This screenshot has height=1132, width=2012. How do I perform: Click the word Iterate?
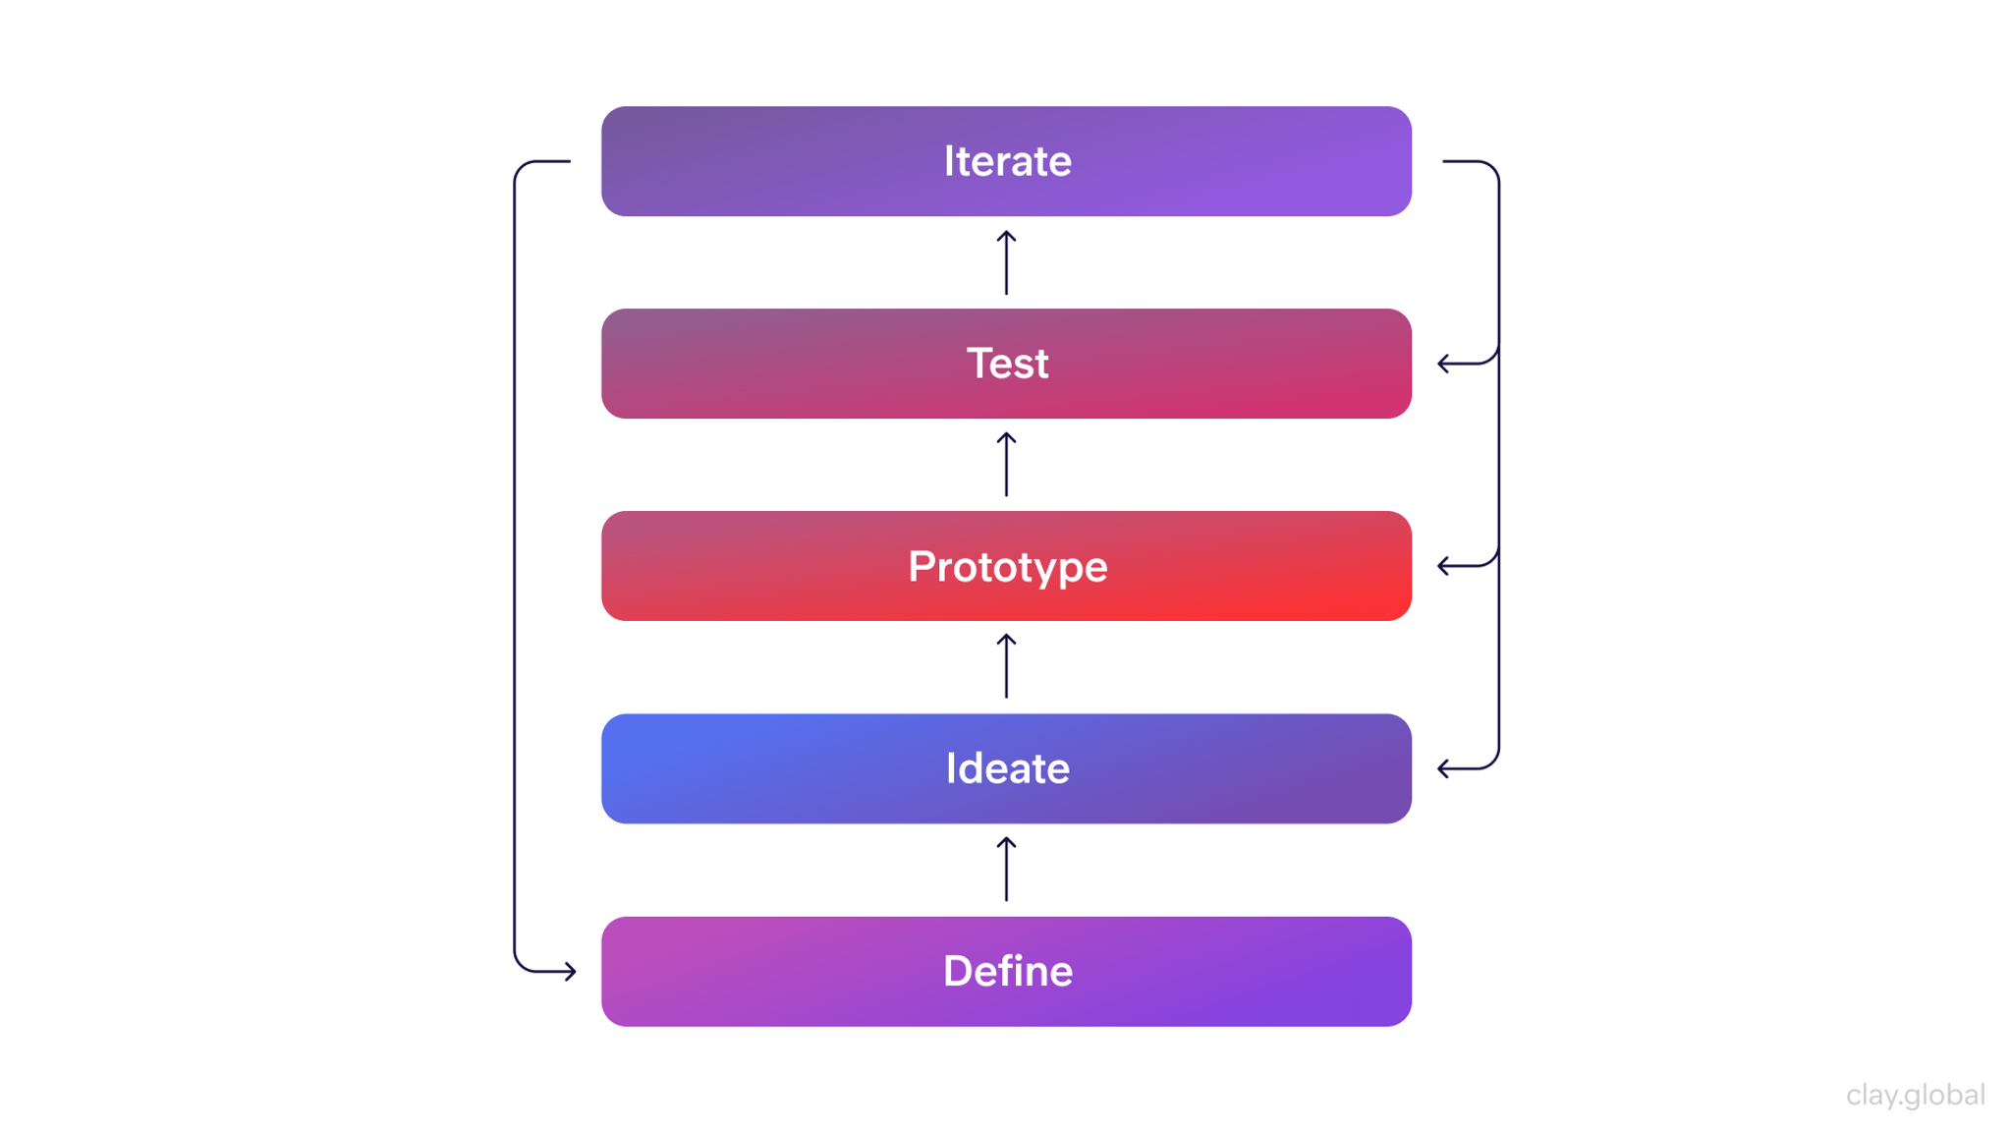(x=1007, y=161)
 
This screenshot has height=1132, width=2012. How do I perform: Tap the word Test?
(x=1007, y=364)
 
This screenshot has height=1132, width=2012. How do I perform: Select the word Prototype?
(x=1007, y=567)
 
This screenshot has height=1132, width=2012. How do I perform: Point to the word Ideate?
(x=1007, y=768)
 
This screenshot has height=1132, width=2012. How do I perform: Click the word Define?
(x=1007, y=971)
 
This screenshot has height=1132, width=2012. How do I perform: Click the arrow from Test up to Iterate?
(x=1006, y=262)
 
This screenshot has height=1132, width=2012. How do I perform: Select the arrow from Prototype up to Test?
(x=1006, y=465)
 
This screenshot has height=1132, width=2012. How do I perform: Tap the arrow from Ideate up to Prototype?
(x=1006, y=666)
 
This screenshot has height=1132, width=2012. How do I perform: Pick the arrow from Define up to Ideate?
(x=1006, y=869)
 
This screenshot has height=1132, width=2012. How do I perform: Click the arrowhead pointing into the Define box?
(x=571, y=971)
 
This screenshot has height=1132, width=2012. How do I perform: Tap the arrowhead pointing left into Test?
(x=1443, y=364)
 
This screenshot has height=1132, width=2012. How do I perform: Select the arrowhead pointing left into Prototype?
(x=1443, y=566)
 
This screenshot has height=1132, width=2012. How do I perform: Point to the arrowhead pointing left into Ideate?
(x=1443, y=768)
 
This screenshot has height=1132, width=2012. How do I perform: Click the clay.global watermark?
(x=1915, y=1095)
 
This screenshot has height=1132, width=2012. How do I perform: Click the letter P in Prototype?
(x=921, y=567)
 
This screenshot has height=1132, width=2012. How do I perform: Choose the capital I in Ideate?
(x=950, y=768)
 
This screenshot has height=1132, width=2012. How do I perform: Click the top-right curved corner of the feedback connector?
(x=1489, y=168)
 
